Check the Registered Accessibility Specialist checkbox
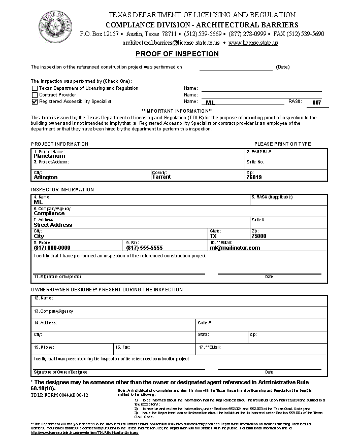pos(35,101)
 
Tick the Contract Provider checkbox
pos(35,95)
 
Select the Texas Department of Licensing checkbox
pos(35,88)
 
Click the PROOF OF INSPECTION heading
pos(177,54)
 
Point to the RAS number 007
pos(317,103)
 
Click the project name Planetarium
pos(49,156)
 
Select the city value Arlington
pos(45,177)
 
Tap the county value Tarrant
pos(161,177)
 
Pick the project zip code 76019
pos(254,177)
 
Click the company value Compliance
pos(49,213)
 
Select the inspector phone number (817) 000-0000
pos(52,248)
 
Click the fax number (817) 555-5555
pos(144,248)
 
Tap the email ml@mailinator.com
pos(235,248)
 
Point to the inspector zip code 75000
pos(258,236)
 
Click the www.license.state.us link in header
pos(253,43)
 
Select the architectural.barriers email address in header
pos(171,43)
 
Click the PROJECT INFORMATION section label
pos(59,144)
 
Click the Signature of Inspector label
pos(57,277)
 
